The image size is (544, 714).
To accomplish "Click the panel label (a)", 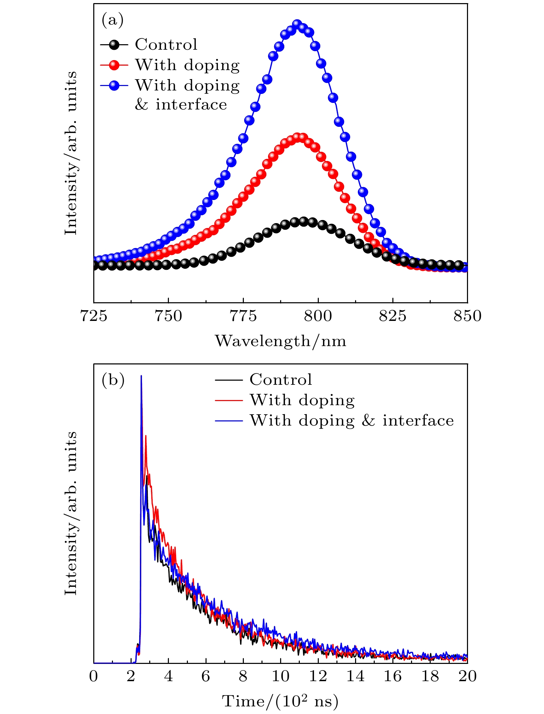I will (x=112, y=20).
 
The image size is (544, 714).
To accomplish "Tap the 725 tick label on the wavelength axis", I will (x=93, y=316).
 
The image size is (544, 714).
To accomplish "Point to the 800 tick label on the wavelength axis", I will (x=318, y=316).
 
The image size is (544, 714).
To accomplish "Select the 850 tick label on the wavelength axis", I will (x=467, y=316).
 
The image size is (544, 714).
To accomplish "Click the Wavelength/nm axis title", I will (x=280, y=341).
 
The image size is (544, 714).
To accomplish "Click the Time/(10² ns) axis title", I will (x=280, y=701).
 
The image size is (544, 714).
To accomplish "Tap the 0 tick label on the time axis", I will (x=94, y=676).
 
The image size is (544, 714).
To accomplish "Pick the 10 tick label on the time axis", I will (x=280, y=676).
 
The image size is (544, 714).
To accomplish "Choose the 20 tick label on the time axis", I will (x=467, y=676).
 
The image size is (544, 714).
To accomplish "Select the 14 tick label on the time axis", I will (x=355, y=676).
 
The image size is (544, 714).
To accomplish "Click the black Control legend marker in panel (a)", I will (x=114, y=45).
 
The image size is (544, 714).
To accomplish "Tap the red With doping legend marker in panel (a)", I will (x=114, y=65).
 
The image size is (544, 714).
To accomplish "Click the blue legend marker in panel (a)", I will (x=114, y=85).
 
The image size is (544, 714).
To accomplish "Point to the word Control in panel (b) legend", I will (x=280, y=380).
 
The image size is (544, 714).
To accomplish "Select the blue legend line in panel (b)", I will (x=229, y=420).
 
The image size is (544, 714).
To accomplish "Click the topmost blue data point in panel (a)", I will (x=297, y=24).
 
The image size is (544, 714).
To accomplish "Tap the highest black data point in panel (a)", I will (x=304, y=221).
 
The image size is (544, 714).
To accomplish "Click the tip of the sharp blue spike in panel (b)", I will (x=141, y=376).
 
